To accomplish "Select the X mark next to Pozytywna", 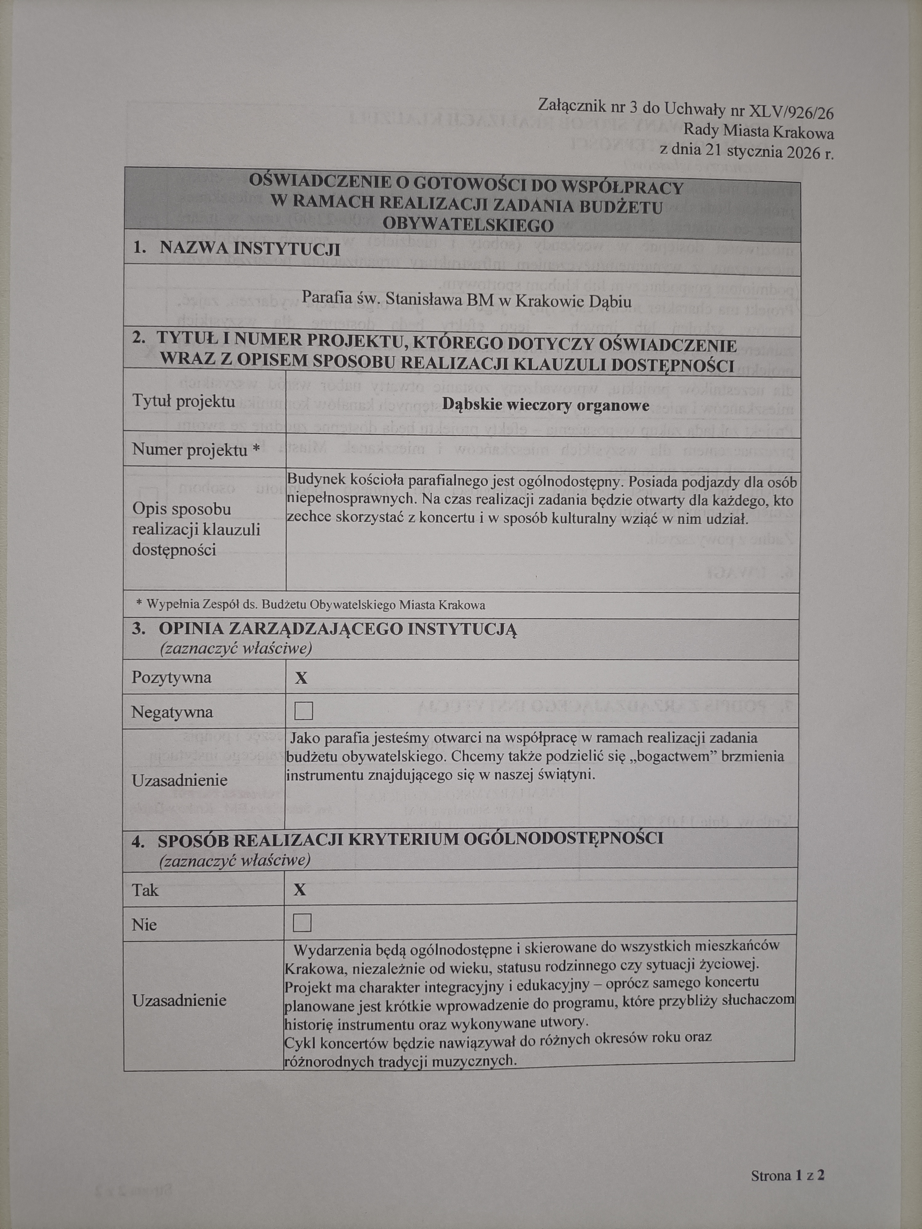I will click(x=301, y=678).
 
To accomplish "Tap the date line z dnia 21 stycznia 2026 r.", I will click(x=747, y=151).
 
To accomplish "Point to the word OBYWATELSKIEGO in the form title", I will click(x=468, y=225).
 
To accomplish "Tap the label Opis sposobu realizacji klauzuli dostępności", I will click(x=196, y=529).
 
